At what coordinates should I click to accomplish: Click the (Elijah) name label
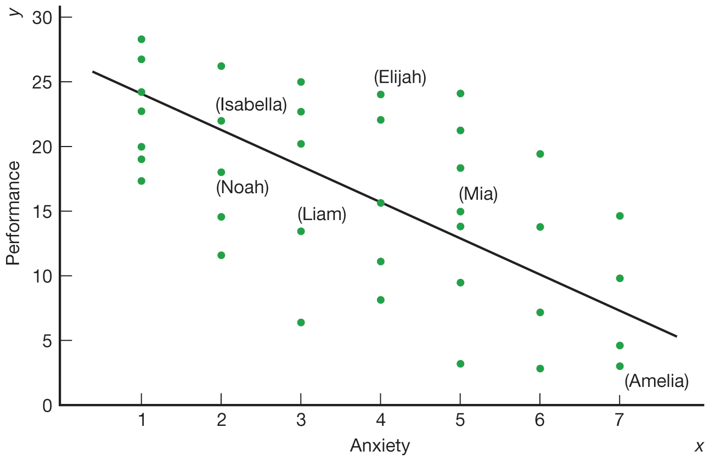coord(400,77)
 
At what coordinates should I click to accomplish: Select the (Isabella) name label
coord(251,104)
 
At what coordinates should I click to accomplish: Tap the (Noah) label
coord(243,188)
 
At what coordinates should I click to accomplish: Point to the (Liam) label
coord(322,214)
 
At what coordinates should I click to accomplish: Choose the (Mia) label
coord(478,194)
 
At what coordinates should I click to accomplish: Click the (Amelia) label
coord(656,381)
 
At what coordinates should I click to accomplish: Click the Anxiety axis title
coord(380,446)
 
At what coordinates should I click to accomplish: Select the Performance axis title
coord(13,212)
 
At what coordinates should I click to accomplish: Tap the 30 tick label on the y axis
coord(42,18)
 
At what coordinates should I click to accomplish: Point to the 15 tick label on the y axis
coord(42,211)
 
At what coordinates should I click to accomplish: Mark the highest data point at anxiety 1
coord(141,39)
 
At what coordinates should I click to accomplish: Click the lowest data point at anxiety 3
coord(301,322)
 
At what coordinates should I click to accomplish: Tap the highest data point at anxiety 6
coord(540,154)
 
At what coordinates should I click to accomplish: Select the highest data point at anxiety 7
coord(619,216)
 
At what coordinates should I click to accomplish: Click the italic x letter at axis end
coord(698,447)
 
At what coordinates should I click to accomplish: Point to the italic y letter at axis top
coord(18,11)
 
